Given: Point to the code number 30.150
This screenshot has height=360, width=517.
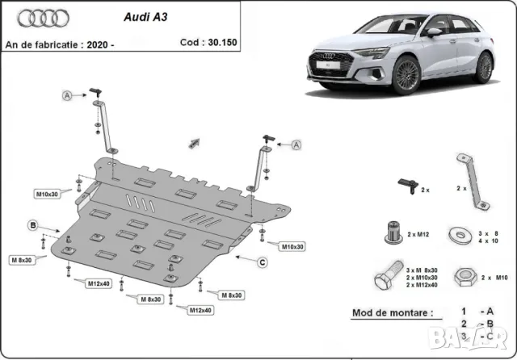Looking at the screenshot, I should coord(216,44).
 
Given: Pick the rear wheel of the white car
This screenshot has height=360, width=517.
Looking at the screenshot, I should coord(484,68).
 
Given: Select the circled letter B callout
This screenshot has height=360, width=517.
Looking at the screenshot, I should coord(33,224).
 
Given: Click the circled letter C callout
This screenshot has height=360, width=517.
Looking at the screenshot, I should coord(263,261).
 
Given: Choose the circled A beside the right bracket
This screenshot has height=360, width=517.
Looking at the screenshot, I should coord(296,144).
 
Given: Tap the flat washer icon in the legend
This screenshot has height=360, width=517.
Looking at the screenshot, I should coord(463,235).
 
